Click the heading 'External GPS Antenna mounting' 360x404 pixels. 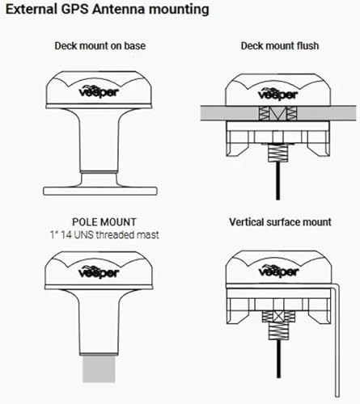(x=108, y=10)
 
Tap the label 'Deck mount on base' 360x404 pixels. (x=100, y=46)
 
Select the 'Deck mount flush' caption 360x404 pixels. (x=280, y=46)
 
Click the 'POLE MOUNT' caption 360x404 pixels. (x=104, y=222)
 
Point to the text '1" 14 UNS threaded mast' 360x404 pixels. (x=104, y=235)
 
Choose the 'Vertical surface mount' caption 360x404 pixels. (x=280, y=222)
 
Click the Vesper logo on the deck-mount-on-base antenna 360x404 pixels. (x=99, y=92)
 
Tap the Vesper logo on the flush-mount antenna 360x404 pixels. (x=278, y=94)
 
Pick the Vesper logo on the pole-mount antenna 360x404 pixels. (x=99, y=272)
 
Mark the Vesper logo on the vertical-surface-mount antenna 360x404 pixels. (x=278, y=271)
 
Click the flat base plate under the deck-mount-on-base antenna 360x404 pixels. (x=100, y=191)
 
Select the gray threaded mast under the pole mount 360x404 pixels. (x=99, y=369)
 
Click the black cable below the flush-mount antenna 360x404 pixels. (x=277, y=181)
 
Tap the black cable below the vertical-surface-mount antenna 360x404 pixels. (x=278, y=359)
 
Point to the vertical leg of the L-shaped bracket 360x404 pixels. (x=337, y=342)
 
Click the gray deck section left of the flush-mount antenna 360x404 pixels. (x=230, y=113)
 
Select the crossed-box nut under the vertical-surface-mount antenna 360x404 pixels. (x=278, y=317)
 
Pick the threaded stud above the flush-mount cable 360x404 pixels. (x=277, y=154)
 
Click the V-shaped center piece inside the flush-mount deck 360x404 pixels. (x=277, y=113)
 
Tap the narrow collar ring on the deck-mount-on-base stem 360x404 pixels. (x=99, y=171)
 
